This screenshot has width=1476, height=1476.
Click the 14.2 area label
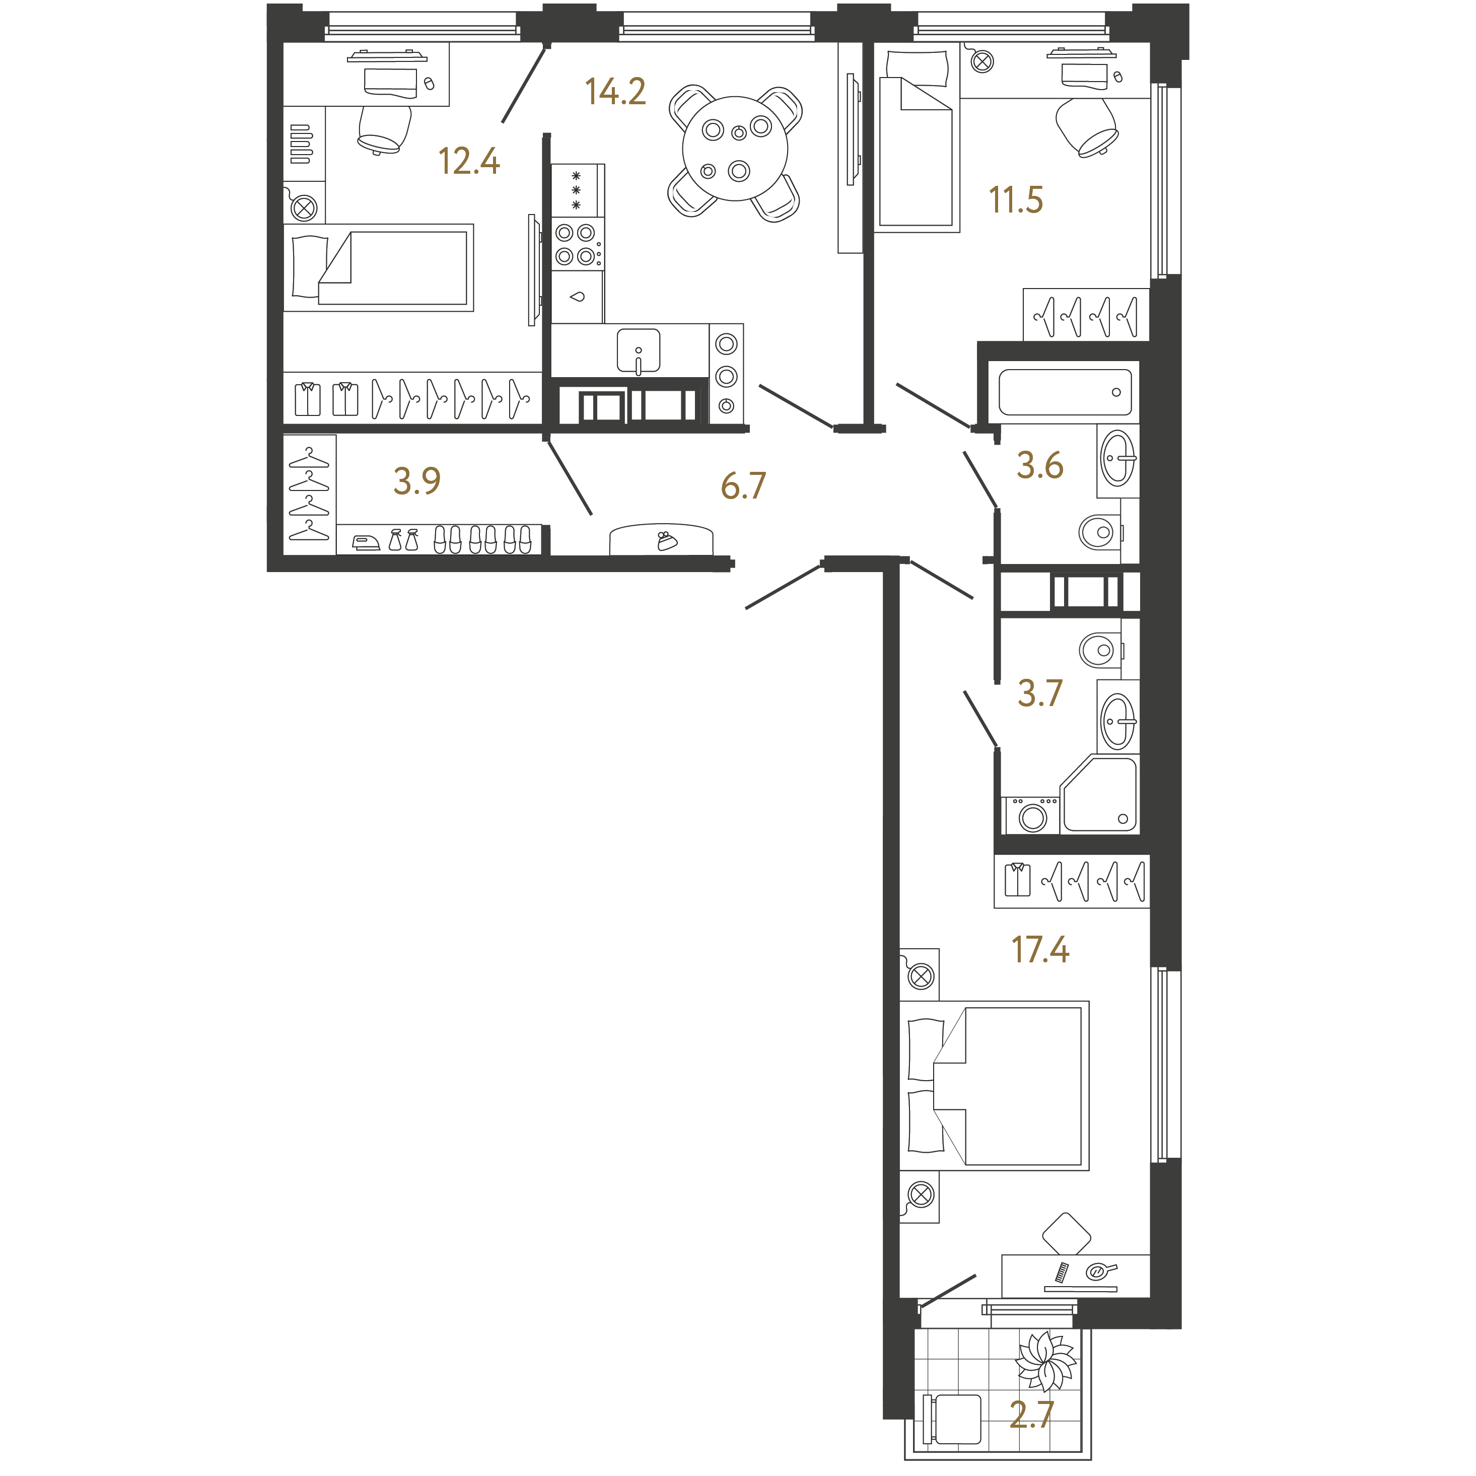tap(615, 91)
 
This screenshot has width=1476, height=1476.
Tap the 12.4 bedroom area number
tap(468, 161)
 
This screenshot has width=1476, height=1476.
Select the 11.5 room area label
tap(1015, 199)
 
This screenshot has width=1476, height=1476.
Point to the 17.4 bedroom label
tap(1040, 949)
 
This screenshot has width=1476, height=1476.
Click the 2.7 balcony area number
tap(1031, 1414)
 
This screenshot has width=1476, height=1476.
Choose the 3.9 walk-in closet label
tap(416, 480)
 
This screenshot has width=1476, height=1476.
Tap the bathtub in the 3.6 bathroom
tap(1065, 392)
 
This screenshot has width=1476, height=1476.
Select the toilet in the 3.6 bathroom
tap(1101, 530)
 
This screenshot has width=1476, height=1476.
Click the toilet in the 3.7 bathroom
tap(1101, 650)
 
